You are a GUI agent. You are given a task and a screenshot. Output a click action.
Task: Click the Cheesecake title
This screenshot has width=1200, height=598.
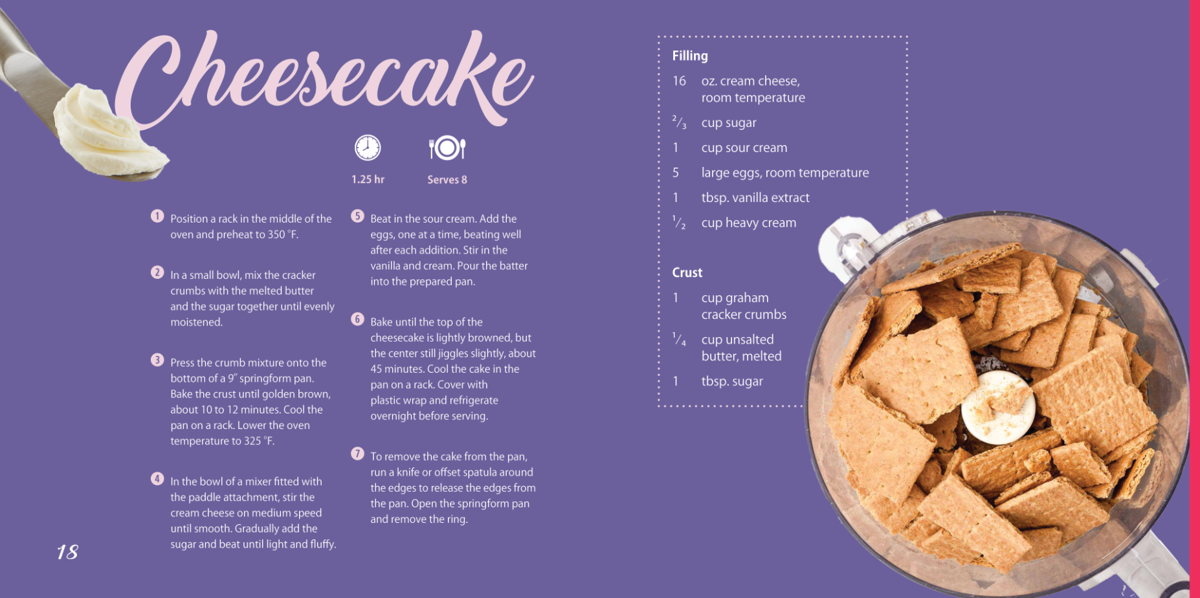click(324, 81)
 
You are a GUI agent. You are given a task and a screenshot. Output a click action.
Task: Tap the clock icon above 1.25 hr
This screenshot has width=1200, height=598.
click(368, 148)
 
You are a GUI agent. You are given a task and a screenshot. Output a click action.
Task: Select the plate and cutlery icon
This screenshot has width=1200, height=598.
click(447, 148)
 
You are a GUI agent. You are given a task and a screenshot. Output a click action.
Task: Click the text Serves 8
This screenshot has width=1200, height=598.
click(447, 180)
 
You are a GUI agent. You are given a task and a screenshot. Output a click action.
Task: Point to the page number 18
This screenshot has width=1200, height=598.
click(67, 552)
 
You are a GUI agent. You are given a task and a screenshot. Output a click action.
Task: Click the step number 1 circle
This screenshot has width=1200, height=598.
click(157, 216)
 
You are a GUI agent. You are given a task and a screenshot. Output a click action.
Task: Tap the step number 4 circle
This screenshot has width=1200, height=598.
click(157, 479)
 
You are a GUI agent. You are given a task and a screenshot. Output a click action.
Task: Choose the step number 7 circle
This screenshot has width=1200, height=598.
click(357, 454)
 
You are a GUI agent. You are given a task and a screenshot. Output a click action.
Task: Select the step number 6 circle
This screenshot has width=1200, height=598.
click(357, 319)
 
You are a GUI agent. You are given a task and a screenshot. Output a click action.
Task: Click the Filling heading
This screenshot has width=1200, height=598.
click(690, 56)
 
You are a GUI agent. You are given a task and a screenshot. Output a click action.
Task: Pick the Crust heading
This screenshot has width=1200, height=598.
click(687, 272)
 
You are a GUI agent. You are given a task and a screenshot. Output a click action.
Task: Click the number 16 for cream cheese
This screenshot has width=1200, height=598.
click(679, 81)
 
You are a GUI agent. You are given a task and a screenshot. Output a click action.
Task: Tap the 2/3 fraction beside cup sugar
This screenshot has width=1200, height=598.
click(679, 122)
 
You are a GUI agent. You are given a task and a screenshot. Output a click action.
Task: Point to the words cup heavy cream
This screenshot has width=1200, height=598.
click(749, 223)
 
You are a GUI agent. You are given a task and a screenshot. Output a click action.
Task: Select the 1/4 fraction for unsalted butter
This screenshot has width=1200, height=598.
click(679, 339)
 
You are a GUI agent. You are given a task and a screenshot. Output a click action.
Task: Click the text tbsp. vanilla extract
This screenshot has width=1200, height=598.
click(755, 197)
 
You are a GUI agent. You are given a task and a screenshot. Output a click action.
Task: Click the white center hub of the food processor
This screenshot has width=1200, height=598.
click(998, 408)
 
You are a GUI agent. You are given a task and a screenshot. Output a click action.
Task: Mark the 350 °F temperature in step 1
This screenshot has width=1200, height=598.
click(283, 234)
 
